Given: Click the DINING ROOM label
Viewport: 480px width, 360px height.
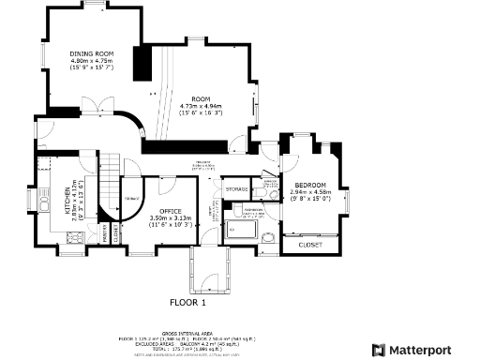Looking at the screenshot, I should pos(91,55).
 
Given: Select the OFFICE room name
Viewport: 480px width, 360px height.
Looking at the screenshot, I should pos(170,211).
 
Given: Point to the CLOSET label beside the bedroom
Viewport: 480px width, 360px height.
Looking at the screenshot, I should pos(310,245).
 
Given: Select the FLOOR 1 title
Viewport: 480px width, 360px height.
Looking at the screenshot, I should pos(187,303).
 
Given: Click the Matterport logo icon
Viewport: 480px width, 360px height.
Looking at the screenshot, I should pos(380,350).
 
